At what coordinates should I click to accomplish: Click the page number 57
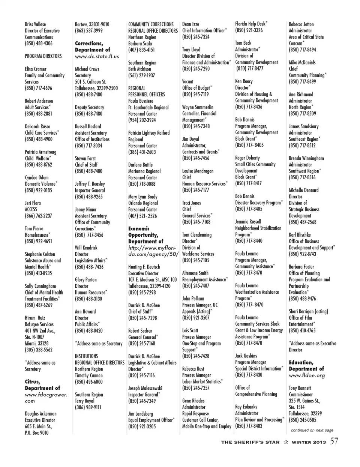[x=334, y=441]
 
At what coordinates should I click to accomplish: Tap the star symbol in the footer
[x=286, y=442]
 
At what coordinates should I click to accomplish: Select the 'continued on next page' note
[x=312, y=430]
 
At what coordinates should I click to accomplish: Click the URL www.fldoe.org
[x=307, y=375]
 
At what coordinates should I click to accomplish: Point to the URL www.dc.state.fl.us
[x=97, y=56]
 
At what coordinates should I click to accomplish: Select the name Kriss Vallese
[x=35, y=24]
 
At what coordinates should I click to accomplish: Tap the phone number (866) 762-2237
[x=38, y=216]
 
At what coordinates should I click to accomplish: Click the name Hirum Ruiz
[x=35, y=318]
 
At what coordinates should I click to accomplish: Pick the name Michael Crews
[x=87, y=69]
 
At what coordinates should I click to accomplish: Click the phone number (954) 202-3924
[x=142, y=120]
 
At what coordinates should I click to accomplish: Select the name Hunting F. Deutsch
[x=144, y=267]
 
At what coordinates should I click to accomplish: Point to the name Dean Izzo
[x=190, y=24]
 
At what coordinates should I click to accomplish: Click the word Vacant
[x=188, y=81]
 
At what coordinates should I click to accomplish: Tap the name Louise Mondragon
[x=198, y=171]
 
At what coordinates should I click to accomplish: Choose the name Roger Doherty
[x=247, y=158]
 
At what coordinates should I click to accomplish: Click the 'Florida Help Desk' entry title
[x=250, y=24]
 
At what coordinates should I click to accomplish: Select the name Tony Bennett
[x=300, y=388]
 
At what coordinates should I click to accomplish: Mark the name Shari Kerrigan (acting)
[x=308, y=311]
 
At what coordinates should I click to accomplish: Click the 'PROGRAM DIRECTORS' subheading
[x=43, y=56]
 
